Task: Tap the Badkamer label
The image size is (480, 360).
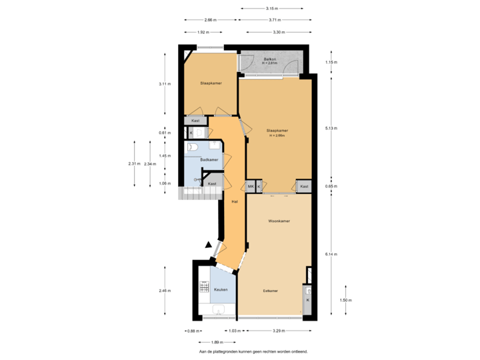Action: pyautogui.click(x=209, y=159)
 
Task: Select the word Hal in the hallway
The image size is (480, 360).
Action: pyautogui.click(x=234, y=201)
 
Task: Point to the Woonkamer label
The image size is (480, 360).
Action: pyautogui.click(x=279, y=220)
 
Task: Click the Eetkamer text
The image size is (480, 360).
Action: pyautogui.click(x=270, y=291)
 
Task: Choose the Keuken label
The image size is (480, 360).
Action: pyautogui.click(x=221, y=289)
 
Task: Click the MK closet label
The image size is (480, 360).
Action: pyautogui.click(x=251, y=187)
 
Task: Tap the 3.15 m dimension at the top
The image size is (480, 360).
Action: pyautogui.click(x=271, y=9)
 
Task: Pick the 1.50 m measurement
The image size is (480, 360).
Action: pyautogui.click(x=345, y=301)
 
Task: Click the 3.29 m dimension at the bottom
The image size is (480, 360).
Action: pyautogui.click(x=278, y=331)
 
